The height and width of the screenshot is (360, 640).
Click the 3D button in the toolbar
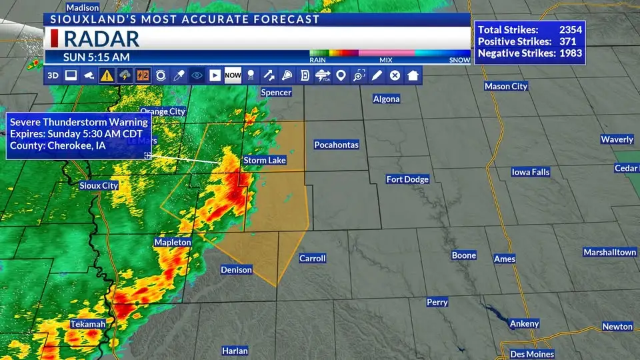(53, 75)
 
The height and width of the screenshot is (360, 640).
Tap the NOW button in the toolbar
(233, 75)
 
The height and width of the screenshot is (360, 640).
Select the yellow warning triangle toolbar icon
(107, 75)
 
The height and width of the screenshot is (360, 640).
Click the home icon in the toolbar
(413, 75)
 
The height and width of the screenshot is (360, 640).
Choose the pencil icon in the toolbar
(377, 75)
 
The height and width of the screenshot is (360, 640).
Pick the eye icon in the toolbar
(197, 75)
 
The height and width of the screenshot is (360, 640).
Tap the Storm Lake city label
(265, 161)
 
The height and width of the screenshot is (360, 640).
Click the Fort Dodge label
(407, 179)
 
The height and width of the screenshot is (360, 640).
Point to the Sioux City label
(99, 186)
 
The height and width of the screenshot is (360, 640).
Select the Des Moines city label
(531, 354)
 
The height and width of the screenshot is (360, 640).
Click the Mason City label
(506, 86)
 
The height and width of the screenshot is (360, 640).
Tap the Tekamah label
(88, 325)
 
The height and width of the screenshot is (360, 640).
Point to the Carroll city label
(312, 258)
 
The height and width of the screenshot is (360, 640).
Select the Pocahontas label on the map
(337, 145)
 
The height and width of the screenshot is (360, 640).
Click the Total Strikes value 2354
(570, 30)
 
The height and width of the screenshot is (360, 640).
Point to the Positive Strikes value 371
(573, 41)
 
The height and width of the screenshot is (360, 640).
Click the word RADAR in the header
(101, 38)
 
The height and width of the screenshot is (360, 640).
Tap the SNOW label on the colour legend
(459, 60)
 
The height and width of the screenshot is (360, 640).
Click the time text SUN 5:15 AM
(97, 57)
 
